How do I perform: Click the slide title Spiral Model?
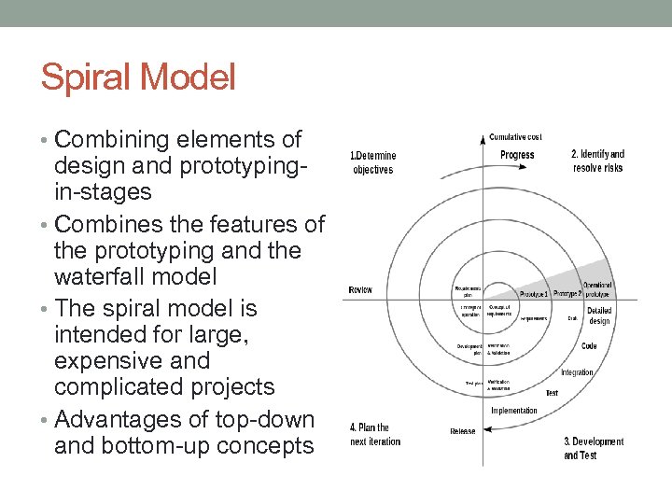point(138,77)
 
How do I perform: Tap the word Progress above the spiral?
point(517,155)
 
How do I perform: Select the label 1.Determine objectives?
point(372,162)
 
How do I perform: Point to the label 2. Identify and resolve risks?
point(597,161)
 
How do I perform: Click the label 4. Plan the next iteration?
point(375,434)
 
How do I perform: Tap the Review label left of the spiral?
point(359,290)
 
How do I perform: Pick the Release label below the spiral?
point(462,431)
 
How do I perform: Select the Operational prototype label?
point(598,288)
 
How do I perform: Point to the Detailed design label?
point(599,315)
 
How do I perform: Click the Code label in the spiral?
point(589,345)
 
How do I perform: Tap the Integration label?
point(577,372)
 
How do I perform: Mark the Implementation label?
point(514,411)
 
